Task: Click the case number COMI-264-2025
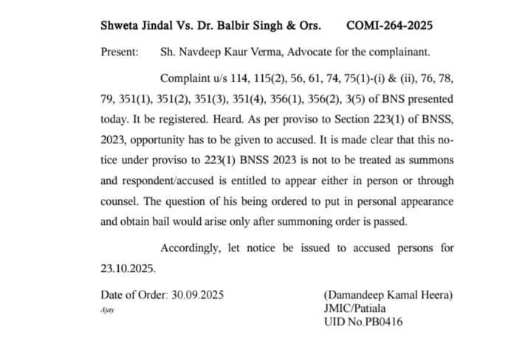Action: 389,25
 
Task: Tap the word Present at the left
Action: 119,53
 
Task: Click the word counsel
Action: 119,202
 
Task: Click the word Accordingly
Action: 193,248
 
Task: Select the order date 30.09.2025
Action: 197,295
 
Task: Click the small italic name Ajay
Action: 108,310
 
